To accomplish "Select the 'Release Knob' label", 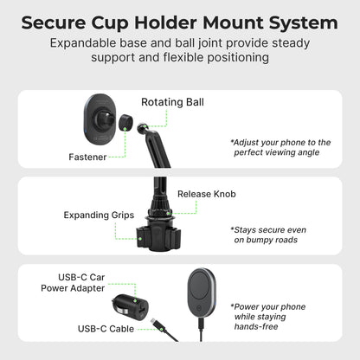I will click(206, 194).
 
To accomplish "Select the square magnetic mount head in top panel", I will click(102, 119).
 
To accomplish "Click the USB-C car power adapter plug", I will click(124, 307).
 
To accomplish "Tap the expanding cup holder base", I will click(155, 233).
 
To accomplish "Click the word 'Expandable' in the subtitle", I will click(87, 42).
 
